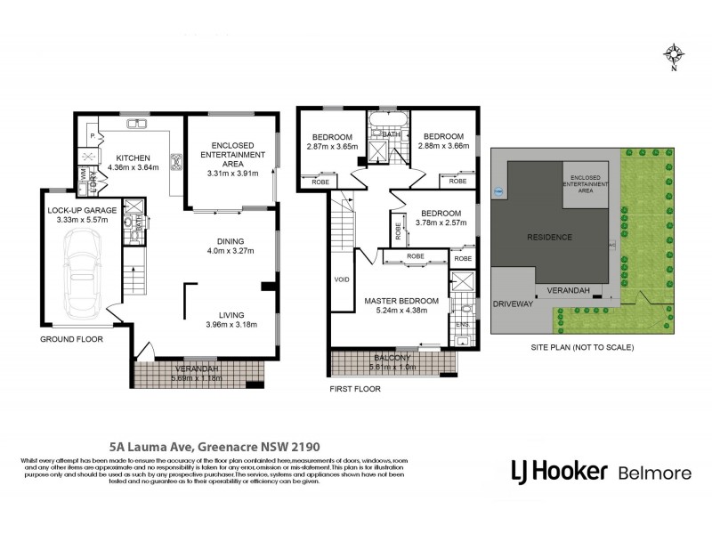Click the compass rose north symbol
[674, 55]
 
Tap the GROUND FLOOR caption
[71, 339]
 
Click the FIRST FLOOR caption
[355, 389]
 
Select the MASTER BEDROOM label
[402, 300]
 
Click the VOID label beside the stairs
[342, 278]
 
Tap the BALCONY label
[392, 357]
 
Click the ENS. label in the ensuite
[462, 325]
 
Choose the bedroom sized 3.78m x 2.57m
[441, 219]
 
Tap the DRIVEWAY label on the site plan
[511, 303]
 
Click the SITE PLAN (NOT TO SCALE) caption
[581, 347]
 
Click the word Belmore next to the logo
[655, 471]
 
